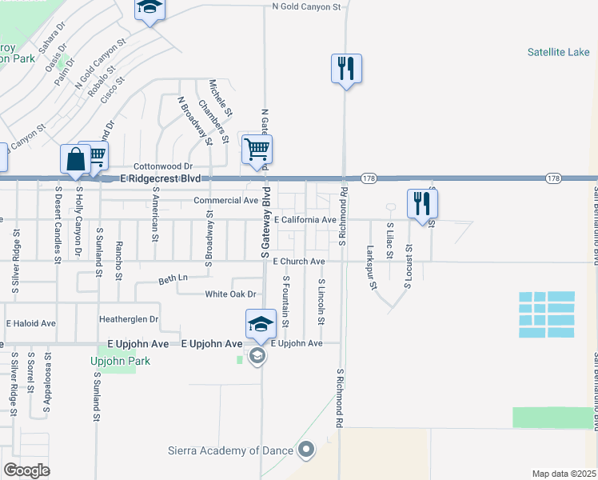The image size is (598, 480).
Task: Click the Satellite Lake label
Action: (557, 53)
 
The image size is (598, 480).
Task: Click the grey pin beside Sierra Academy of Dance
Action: (305, 452)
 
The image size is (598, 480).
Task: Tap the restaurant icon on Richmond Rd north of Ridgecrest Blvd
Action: (346, 68)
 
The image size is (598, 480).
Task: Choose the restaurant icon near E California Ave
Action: (421, 203)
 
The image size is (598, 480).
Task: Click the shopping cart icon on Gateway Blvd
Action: (257, 149)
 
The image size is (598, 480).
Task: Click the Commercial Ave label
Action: (226, 200)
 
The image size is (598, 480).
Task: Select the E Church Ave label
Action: (298, 262)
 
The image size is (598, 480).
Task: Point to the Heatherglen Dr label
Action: (129, 319)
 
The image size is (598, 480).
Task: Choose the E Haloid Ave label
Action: (31, 323)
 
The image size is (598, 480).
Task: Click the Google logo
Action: (27, 470)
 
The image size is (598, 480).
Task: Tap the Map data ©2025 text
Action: (563, 474)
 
